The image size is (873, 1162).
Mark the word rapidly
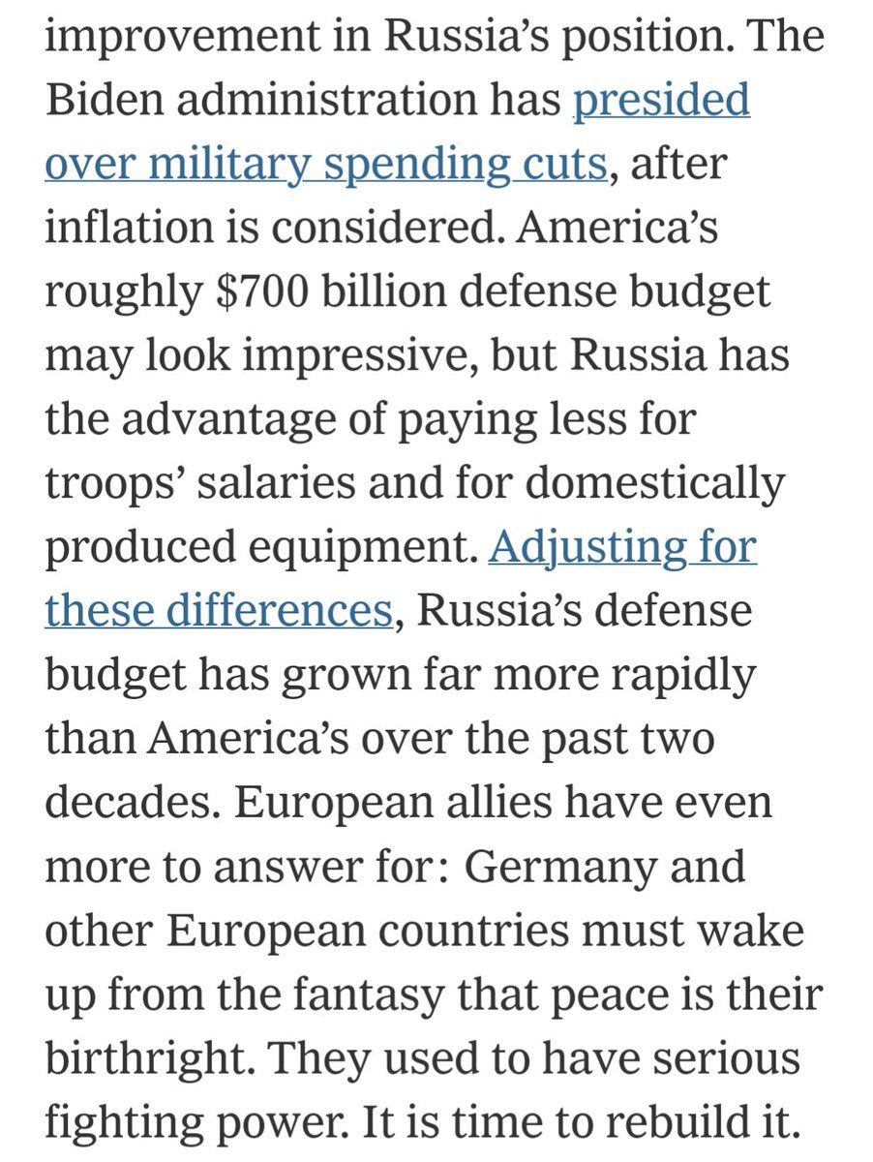pyautogui.click(x=677, y=675)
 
